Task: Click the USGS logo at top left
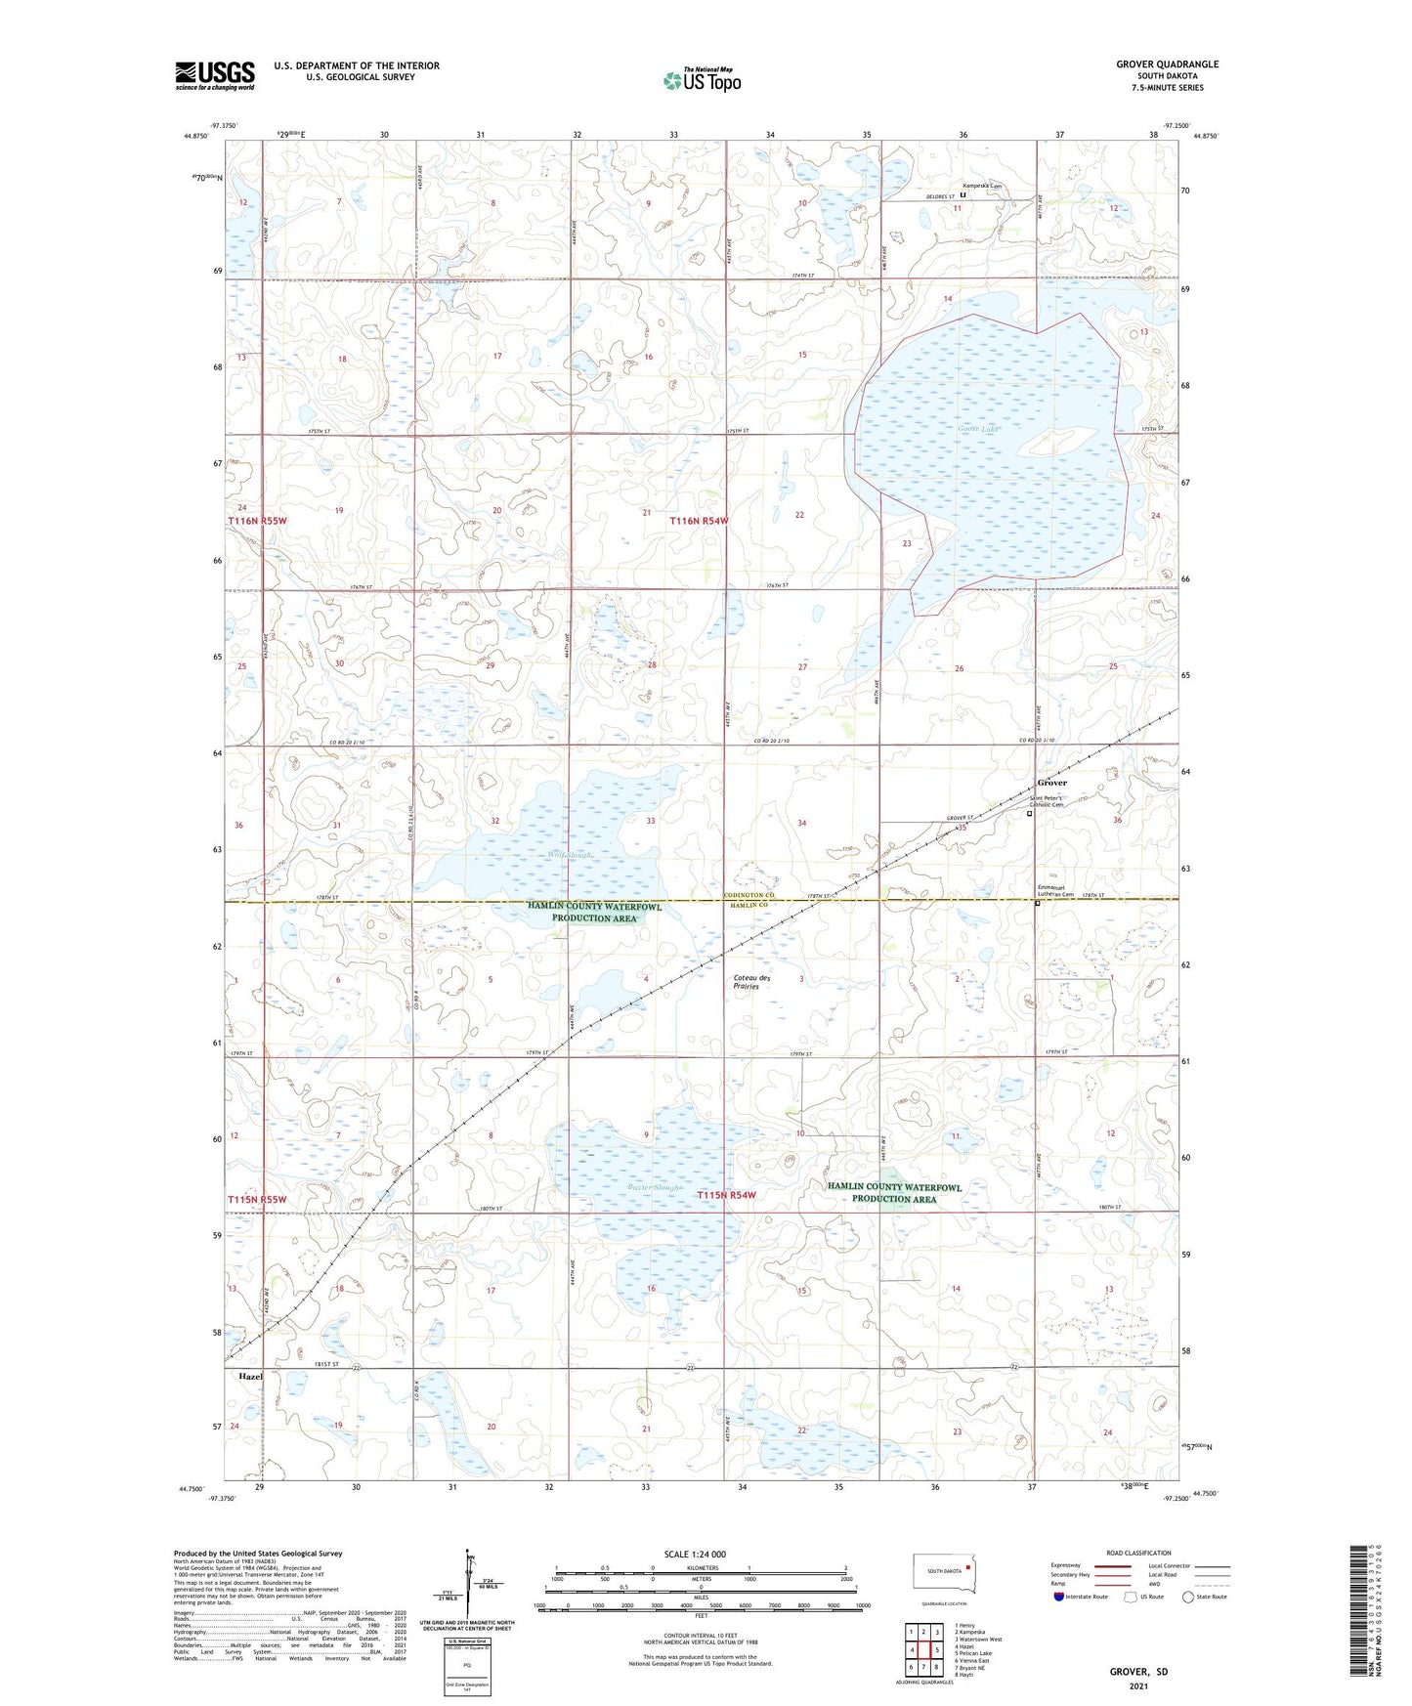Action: click(x=215, y=75)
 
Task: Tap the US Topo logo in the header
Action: click(x=702, y=80)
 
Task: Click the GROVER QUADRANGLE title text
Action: click(x=1167, y=64)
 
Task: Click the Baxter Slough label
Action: click(x=655, y=1187)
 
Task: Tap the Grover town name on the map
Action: click(x=1051, y=783)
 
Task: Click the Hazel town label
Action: click(x=250, y=1376)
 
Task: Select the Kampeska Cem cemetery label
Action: click(x=982, y=186)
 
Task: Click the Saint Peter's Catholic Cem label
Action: click(x=1057, y=801)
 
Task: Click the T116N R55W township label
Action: click(x=258, y=521)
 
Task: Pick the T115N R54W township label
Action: click(x=726, y=1195)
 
